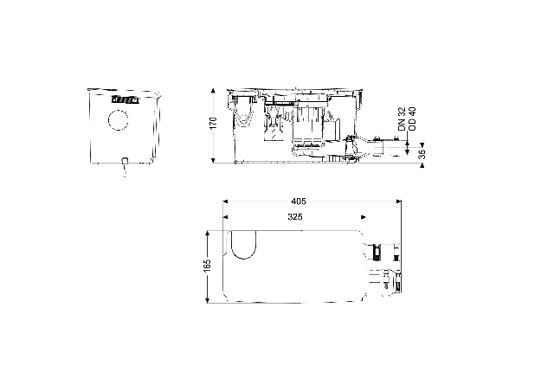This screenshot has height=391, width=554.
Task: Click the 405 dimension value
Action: (x=298, y=202)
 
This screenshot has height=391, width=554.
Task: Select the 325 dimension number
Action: (x=295, y=217)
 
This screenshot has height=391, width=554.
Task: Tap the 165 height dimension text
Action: (x=207, y=266)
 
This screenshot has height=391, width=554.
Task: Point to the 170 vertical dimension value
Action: (x=213, y=123)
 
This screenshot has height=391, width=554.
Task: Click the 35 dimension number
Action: (x=422, y=154)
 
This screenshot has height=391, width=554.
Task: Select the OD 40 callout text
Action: (x=412, y=119)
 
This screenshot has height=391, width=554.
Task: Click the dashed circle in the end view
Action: (x=118, y=120)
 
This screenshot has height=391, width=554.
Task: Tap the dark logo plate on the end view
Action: (x=126, y=99)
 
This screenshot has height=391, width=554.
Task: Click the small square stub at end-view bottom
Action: (x=125, y=161)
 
